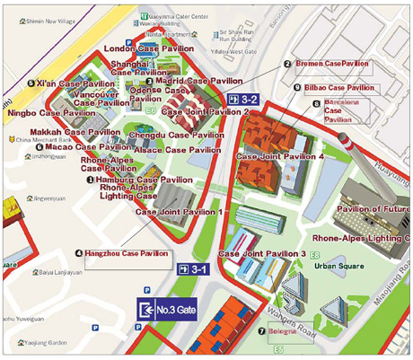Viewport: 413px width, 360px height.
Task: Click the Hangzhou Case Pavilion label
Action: tap(127, 254)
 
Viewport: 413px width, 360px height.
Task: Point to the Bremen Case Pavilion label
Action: tap(330, 64)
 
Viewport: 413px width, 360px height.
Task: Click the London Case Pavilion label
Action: tap(147, 48)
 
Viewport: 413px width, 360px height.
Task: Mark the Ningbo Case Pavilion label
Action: tap(52, 114)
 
